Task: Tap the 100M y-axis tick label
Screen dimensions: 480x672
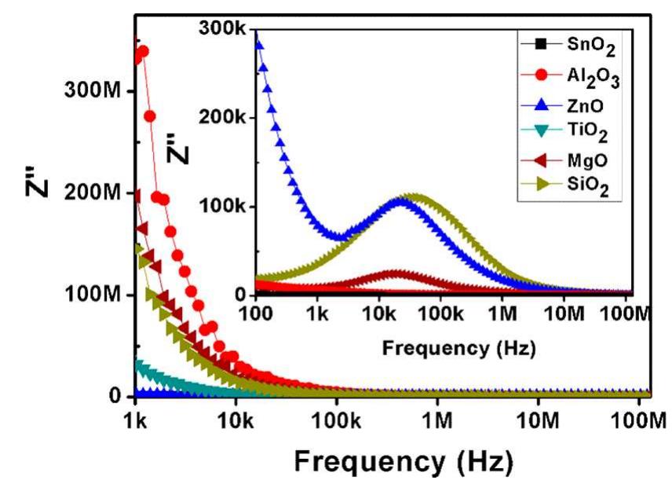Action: click(x=99, y=295)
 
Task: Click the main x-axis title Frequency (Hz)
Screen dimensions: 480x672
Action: click(x=395, y=458)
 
